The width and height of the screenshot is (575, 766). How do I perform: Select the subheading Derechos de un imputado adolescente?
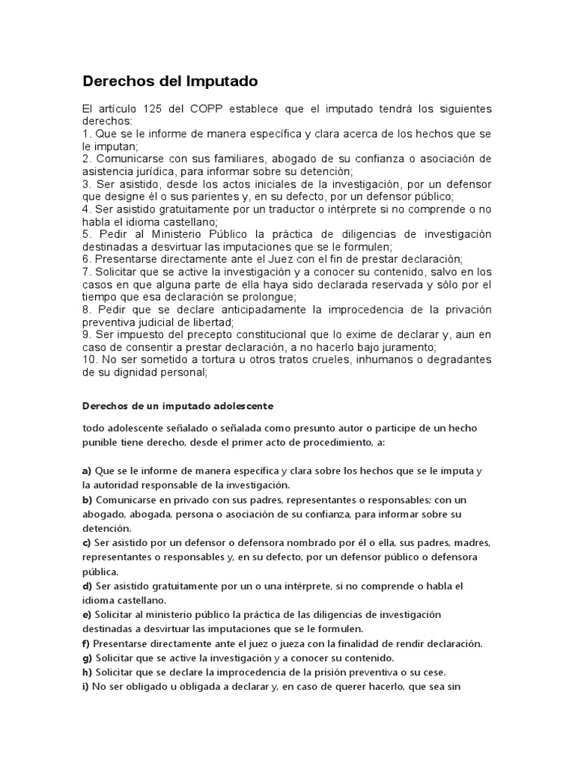(177, 406)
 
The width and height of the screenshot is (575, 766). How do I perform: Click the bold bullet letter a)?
(87, 471)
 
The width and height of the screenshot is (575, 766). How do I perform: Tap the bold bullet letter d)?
(87, 585)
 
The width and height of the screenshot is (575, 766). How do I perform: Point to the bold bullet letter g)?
(87, 658)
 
